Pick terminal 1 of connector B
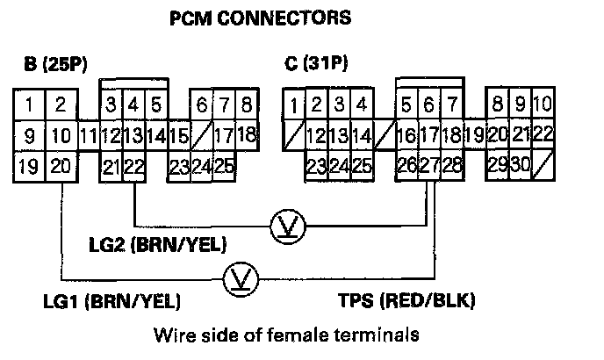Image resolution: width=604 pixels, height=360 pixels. click(30, 106)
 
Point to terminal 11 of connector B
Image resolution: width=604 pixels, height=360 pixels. click(88, 136)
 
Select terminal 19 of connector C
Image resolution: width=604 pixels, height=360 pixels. click(475, 136)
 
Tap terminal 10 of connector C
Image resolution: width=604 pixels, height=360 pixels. click(543, 106)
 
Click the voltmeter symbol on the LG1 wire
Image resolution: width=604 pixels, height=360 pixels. click(238, 279)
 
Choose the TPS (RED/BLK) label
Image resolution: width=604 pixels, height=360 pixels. click(406, 302)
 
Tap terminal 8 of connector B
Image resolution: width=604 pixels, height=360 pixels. click(247, 106)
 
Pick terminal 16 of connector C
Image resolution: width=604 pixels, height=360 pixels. click(406, 136)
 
